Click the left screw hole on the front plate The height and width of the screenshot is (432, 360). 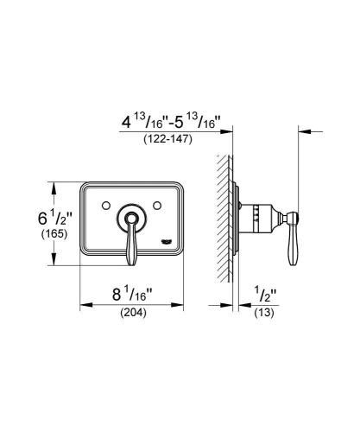(104, 206)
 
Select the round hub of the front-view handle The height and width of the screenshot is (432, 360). (131, 216)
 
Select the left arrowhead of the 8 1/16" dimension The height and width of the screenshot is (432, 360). (84, 304)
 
